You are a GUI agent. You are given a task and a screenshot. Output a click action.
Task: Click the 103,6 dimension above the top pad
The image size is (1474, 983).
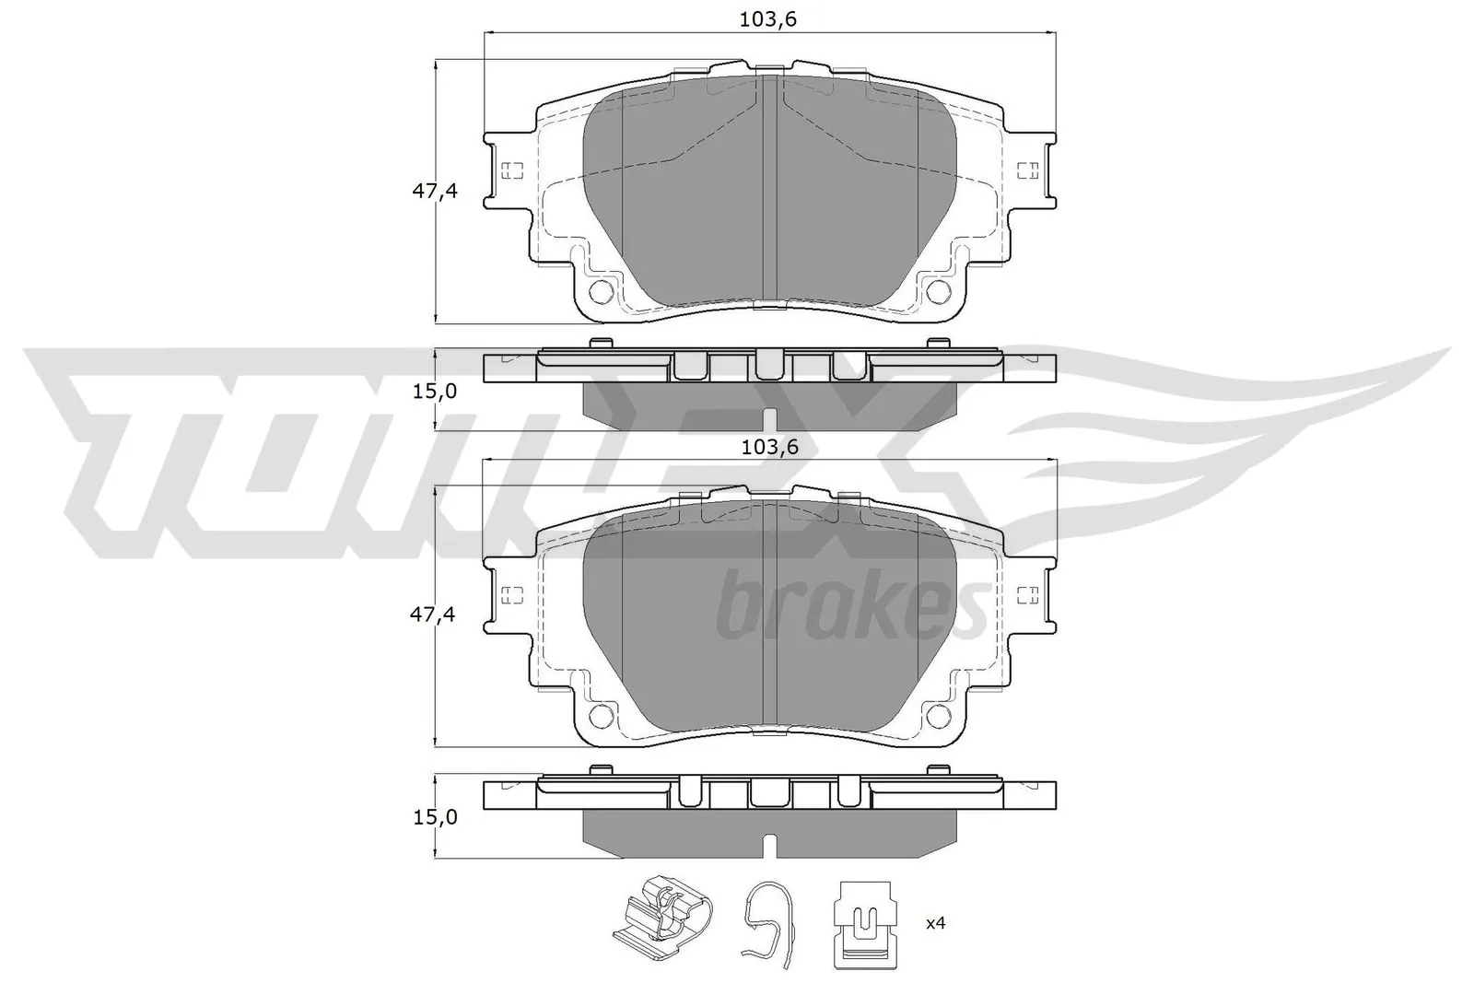coord(768,18)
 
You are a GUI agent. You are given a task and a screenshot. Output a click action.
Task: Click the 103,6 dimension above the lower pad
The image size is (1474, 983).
coord(768,447)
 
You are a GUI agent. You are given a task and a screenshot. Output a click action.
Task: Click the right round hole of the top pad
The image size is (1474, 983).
coord(939,292)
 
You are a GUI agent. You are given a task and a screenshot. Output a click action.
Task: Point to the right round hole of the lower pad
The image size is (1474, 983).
coord(939,715)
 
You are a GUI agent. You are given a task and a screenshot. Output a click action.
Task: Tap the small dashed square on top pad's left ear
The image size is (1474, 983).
coord(512,170)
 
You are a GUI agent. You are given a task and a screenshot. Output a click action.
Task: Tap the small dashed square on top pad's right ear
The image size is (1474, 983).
coord(1026,170)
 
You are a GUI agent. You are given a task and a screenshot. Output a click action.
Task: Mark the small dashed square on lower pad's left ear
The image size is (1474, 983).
coord(512,594)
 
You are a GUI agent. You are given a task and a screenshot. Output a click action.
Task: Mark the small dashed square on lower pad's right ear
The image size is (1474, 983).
coord(1026,594)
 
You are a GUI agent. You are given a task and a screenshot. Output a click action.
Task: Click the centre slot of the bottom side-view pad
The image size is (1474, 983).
coord(769,843)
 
